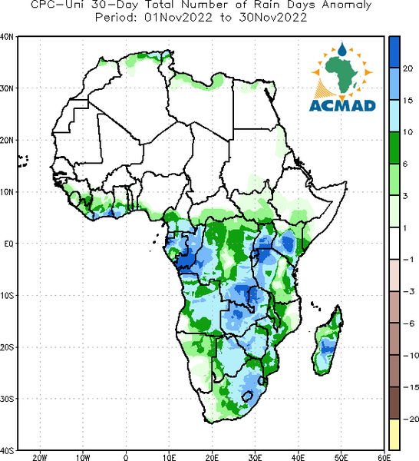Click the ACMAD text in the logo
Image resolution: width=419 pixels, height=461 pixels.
click(342, 105)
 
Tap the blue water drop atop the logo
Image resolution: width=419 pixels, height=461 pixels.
click(341, 49)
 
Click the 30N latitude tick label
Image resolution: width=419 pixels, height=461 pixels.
click(7, 88)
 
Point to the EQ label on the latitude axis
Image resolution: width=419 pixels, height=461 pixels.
click(8, 244)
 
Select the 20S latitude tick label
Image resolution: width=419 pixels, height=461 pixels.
click(7, 347)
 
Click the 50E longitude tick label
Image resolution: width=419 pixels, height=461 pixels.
click(341, 457)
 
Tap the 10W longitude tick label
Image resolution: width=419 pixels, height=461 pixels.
click(83, 457)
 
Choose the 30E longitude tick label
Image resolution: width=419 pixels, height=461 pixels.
click(255, 457)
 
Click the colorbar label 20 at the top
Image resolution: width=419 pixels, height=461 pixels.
click(407, 68)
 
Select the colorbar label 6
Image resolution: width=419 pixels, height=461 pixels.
click(405, 164)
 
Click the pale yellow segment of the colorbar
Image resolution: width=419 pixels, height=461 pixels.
click(394, 434)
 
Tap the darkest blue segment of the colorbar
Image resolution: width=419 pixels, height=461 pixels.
click(394, 52)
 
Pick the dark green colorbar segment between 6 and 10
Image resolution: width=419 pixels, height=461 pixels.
click(394, 148)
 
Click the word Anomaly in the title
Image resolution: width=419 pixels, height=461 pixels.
click(347, 5)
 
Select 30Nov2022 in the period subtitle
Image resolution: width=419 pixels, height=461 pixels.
click(273, 18)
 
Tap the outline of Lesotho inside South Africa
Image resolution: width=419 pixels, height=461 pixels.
click(247, 396)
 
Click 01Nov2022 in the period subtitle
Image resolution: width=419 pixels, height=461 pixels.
click(178, 18)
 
